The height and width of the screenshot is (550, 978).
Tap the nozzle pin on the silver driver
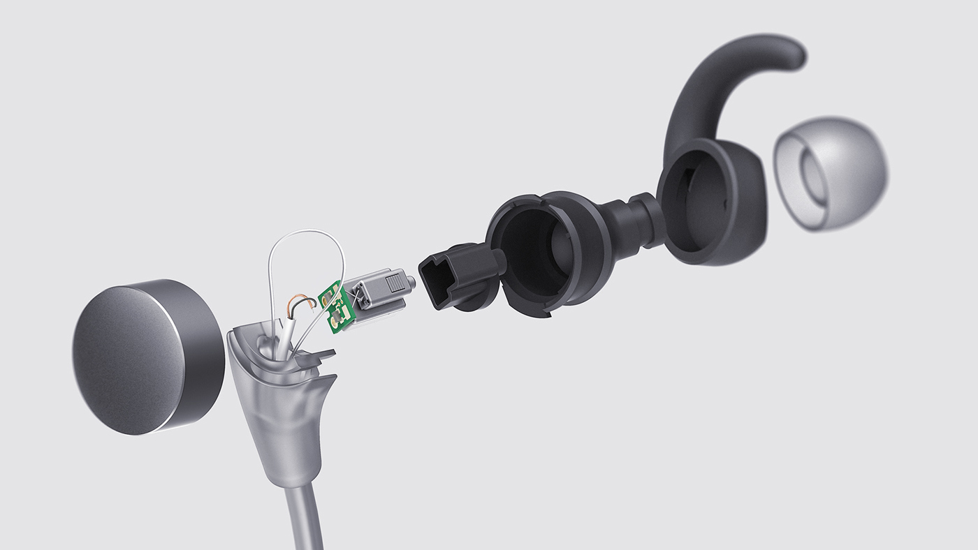coord(412,282)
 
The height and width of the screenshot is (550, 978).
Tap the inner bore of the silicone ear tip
coord(817,178)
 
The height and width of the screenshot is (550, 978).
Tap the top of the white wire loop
coord(307,232)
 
